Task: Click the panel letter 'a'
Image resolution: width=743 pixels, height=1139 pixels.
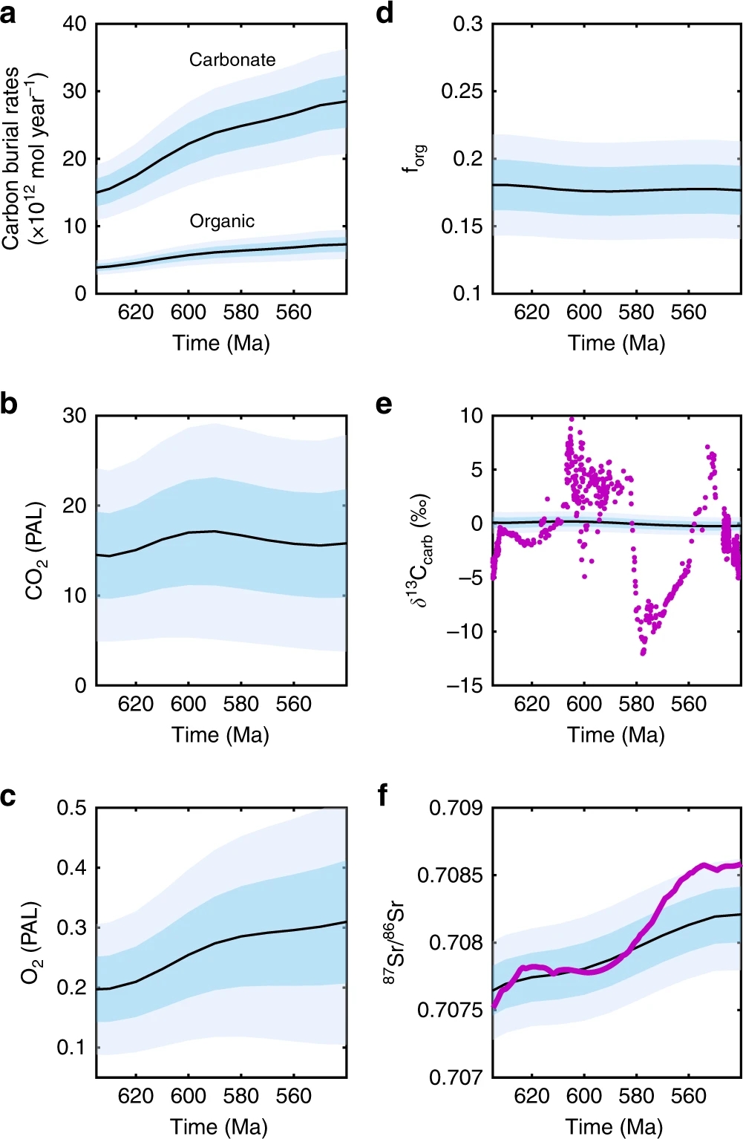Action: coord(8,13)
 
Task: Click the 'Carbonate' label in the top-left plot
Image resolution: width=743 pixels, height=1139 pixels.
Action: coord(232,59)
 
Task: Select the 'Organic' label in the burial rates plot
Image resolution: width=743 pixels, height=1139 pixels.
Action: coord(222,221)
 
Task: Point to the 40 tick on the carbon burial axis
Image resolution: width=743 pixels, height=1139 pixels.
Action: coord(75,24)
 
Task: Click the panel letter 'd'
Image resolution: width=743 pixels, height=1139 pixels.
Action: coord(384,13)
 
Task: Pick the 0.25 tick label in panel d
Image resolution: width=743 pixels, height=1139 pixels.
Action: coord(462,91)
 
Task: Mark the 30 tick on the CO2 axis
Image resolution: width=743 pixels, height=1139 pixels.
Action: coord(75,416)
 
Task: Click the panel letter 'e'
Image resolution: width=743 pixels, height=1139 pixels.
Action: coord(384,405)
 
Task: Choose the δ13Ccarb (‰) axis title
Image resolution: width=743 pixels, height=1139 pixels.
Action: coord(420,550)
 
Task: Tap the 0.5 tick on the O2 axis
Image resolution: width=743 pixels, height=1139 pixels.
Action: coord(72,808)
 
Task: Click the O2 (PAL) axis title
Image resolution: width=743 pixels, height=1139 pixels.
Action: coord(31,942)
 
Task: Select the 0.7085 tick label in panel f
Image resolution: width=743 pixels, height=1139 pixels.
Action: coord(450,875)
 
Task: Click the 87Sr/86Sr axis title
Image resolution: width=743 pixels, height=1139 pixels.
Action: coord(394,942)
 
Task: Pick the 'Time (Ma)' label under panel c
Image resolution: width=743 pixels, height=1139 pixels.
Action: coord(219,1126)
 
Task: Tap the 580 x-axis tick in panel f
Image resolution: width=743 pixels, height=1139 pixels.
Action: coord(636,1096)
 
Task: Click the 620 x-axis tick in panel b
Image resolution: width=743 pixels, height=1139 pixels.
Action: coord(136,704)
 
